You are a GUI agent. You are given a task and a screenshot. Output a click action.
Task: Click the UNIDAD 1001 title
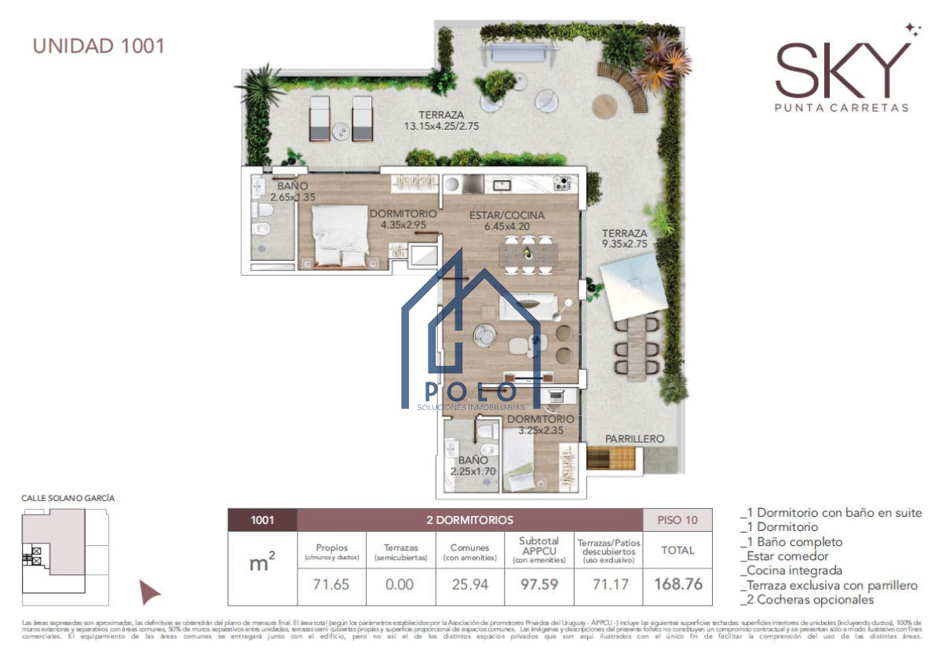tap(99, 45)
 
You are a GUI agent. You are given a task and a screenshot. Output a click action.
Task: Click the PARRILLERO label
tap(634, 439)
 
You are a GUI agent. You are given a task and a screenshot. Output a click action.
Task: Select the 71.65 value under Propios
tap(331, 584)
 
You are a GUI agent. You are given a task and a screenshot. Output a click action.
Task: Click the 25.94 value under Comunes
tap(469, 584)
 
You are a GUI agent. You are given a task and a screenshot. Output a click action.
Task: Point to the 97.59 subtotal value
tap(539, 584)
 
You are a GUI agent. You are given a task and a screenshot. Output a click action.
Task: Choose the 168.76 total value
tap(678, 584)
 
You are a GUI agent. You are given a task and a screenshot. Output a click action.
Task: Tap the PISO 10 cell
tap(677, 520)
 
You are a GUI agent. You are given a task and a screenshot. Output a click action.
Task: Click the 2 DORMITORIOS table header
tap(469, 520)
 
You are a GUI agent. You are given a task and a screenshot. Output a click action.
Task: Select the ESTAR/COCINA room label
tap(506, 215)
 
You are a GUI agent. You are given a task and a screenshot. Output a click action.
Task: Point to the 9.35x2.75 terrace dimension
tap(625, 244)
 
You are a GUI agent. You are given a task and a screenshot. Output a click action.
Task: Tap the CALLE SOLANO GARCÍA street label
tap(62, 498)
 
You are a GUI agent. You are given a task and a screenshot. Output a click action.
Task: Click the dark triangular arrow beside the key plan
tap(148, 592)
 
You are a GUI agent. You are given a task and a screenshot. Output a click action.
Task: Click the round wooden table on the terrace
tap(606, 105)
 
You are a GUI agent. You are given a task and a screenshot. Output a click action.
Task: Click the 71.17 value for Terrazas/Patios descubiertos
tap(608, 584)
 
